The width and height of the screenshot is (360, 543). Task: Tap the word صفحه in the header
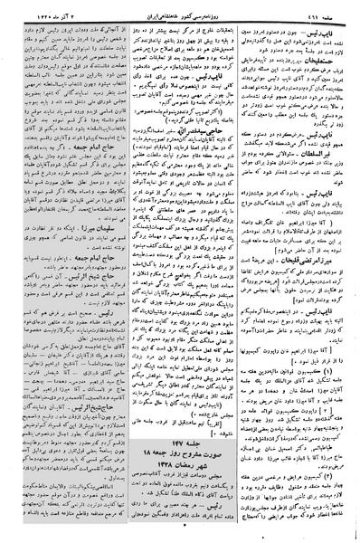click(x=334, y=6)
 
